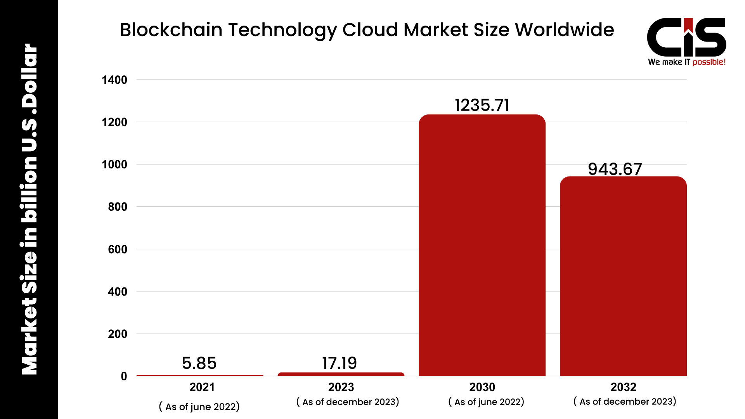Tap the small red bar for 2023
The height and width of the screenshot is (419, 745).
click(x=341, y=374)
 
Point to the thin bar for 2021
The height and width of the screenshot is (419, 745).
click(x=200, y=376)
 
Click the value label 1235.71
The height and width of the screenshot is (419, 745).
click(x=482, y=105)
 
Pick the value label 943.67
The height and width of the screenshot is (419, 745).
click(x=615, y=169)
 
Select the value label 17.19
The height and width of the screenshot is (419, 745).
click(x=340, y=363)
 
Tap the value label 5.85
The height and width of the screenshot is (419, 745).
click(x=199, y=363)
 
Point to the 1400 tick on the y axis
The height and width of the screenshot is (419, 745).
click(x=114, y=80)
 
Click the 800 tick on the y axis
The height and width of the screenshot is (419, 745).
click(x=118, y=207)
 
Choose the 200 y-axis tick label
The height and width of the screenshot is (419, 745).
click(x=118, y=334)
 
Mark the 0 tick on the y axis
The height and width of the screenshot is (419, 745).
click(x=124, y=376)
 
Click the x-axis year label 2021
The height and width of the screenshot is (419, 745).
click(x=202, y=387)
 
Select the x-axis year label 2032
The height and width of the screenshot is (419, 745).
click(x=623, y=387)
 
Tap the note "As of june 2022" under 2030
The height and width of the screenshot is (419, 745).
click(x=486, y=402)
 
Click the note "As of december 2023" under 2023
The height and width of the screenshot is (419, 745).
click(x=348, y=402)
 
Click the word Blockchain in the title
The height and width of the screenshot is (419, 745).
click(x=171, y=30)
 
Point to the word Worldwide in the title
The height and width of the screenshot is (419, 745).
click(x=564, y=30)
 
